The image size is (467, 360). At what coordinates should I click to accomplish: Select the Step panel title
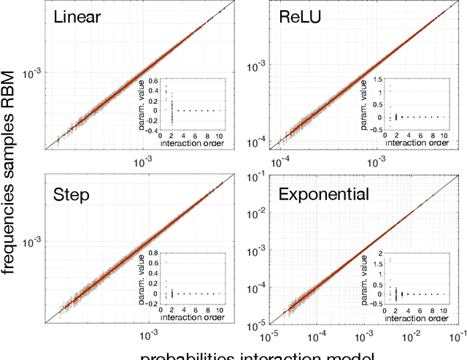[x=71, y=194]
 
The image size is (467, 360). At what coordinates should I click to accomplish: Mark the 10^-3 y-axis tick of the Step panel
[x=33, y=240]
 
